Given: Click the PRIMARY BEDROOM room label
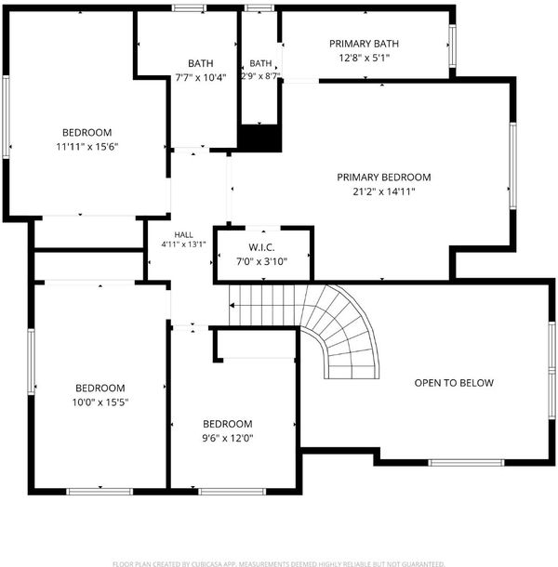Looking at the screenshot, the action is [x=383, y=178].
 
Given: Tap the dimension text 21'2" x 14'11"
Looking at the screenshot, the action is [x=383, y=191].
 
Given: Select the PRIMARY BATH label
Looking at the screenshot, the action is [x=364, y=44].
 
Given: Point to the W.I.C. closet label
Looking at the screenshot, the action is [x=261, y=247].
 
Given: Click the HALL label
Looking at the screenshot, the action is [x=184, y=234].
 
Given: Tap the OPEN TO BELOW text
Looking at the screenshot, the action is [x=454, y=383].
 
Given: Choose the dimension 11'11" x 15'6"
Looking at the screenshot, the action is [x=87, y=147].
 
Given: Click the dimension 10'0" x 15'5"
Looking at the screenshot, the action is [x=100, y=402].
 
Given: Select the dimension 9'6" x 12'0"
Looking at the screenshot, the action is [x=228, y=439].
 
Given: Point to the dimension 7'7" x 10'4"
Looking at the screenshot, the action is [x=201, y=77].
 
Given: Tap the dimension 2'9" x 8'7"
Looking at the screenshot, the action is [x=260, y=76].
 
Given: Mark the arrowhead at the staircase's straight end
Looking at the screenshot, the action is [x=232, y=306].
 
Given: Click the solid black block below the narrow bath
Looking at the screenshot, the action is [x=259, y=138].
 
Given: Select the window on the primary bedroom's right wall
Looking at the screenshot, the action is [x=512, y=166].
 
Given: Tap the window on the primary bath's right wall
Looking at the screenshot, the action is [x=452, y=46].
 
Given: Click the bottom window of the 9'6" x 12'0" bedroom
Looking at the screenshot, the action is [x=232, y=492].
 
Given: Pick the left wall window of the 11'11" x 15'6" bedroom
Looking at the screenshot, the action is [x=6, y=117].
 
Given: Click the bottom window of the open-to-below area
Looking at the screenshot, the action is [x=466, y=463].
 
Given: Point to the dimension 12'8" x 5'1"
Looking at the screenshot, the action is [x=364, y=58].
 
